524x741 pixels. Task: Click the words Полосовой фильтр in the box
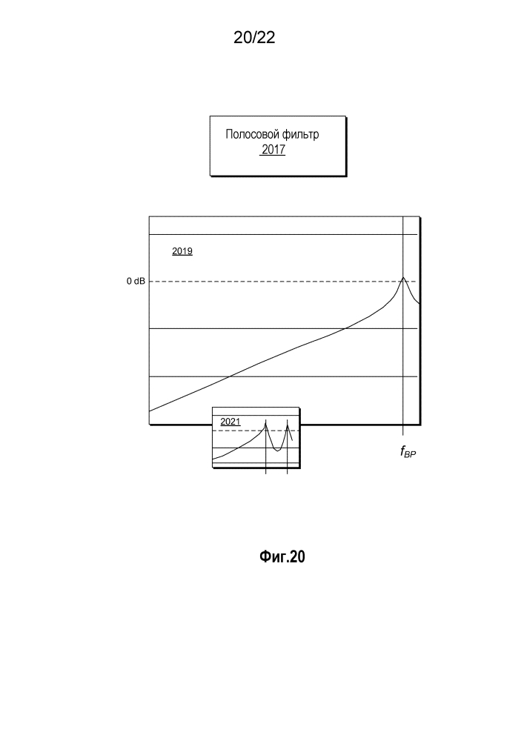pos(273,136)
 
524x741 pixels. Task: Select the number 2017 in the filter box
pos(273,150)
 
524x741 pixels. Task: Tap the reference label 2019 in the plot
pos(182,252)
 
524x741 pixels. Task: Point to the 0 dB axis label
pos(135,282)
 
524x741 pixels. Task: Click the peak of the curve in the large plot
pos(402,277)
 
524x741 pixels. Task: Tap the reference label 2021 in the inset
pos(231,422)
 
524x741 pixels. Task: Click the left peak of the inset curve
pos(266,422)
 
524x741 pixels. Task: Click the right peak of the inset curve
pos(287,423)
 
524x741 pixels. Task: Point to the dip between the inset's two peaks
pos(276,450)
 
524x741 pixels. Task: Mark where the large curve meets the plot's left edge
pos(150,411)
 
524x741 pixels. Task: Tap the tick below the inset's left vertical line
pos(266,470)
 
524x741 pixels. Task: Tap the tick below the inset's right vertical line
pos(287,470)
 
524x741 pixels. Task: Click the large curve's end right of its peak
pos(420,303)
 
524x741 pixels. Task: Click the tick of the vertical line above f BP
pos(402,431)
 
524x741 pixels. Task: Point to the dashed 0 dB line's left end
pos(150,282)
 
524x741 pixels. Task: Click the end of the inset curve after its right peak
pos(293,441)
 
